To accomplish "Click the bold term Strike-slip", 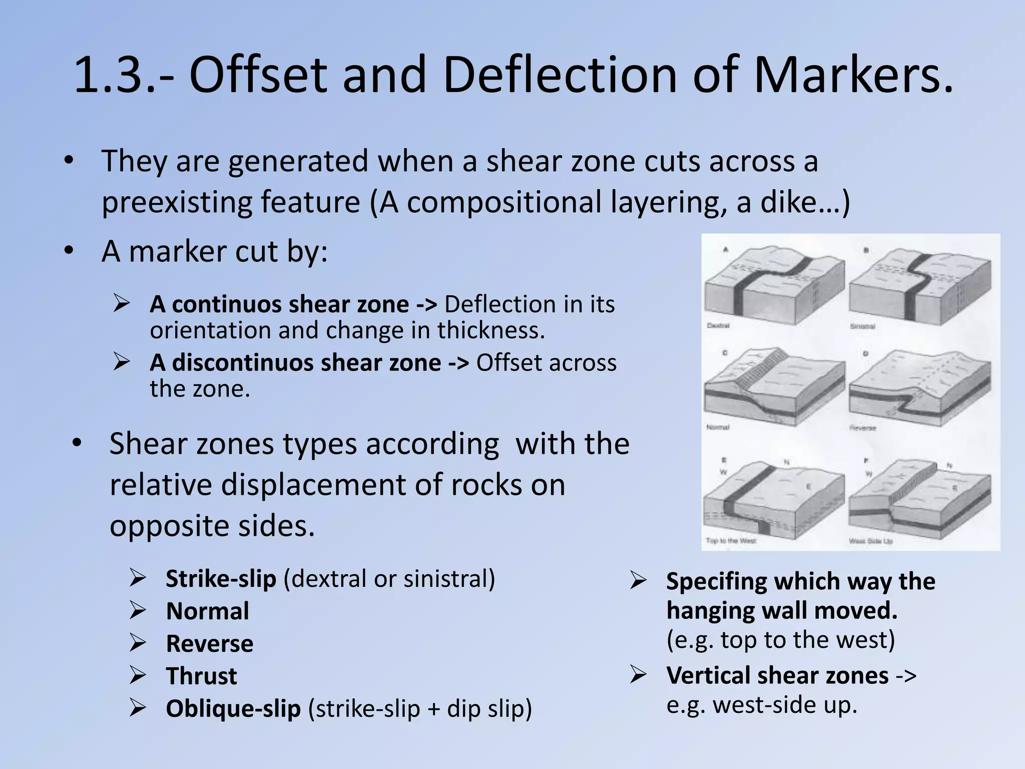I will pos(221,579).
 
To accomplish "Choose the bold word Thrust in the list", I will pos(201,676).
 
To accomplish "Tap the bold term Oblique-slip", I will pos(233,708).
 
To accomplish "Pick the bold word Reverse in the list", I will pos(209,644).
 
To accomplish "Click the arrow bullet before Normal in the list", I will pos(137,610).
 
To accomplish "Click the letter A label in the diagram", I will pos(725,249).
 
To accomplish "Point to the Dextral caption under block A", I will pos(718,325).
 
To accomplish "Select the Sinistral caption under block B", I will pos(862,326).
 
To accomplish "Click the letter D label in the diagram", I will pos(865,354).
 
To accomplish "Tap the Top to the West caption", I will pos(730,540).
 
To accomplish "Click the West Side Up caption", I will pos(870,541).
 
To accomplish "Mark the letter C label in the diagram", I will pos(725,353).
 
